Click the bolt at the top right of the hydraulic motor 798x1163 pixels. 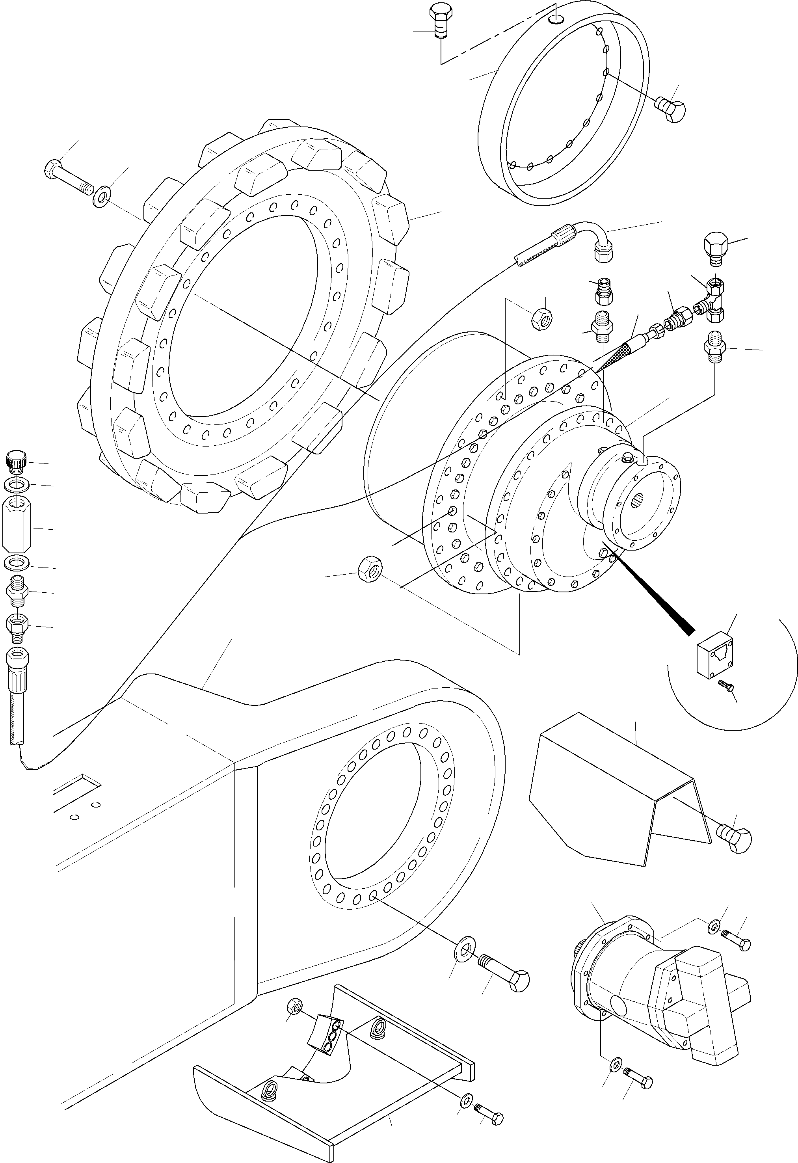click(x=737, y=940)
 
